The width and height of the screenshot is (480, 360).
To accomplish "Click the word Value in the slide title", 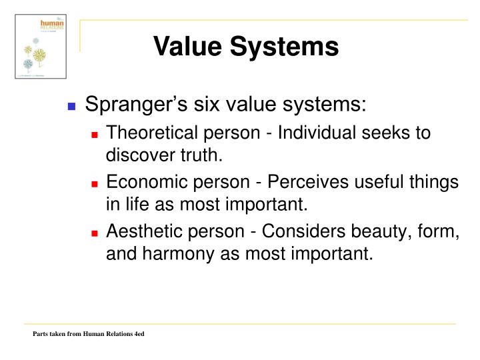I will (x=189, y=47).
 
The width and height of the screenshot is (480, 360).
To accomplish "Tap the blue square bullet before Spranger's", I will (x=73, y=107).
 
